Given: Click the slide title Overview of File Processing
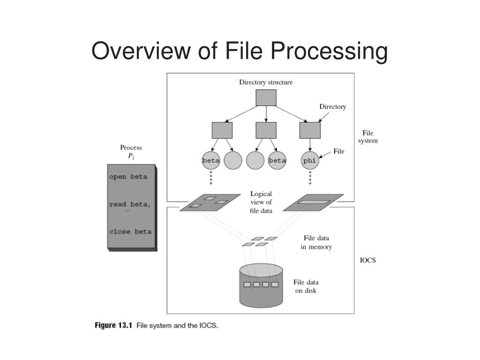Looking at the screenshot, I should pyautogui.click(x=240, y=51).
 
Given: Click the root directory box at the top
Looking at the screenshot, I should pyautogui.click(x=266, y=97).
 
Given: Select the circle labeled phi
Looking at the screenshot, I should pyautogui.click(x=309, y=160).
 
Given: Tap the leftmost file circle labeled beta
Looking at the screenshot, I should pyautogui.click(x=211, y=160).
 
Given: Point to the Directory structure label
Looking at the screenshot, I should pyautogui.click(x=266, y=82).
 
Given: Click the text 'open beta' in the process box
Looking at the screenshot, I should pyautogui.click(x=128, y=177).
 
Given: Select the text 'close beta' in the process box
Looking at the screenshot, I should pyautogui.click(x=130, y=232).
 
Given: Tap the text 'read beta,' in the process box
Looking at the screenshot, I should pyautogui.click(x=130, y=204).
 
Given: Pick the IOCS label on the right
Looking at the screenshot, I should pyautogui.click(x=367, y=261).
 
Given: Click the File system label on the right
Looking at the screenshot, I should pyautogui.click(x=367, y=137).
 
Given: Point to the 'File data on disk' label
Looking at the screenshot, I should pyautogui.click(x=306, y=286).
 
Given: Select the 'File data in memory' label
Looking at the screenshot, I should pyautogui.click(x=316, y=243).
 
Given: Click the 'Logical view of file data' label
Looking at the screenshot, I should pyautogui.click(x=261, y=202).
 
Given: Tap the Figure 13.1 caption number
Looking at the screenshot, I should pyautogui.click(x=114, y=325).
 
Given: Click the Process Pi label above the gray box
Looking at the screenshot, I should pyautogui.click(x=131, y=152).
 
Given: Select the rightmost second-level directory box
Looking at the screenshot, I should pyautogui.click(x=310, y=130).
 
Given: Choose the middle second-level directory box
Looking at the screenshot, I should pyautogui.click(x=266, y=130).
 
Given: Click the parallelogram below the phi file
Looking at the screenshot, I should pyautogui.click(x=314, y=202).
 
